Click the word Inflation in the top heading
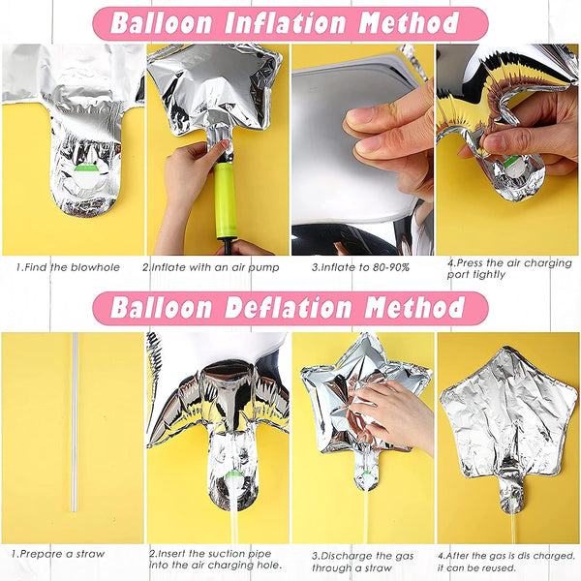[x=286, y=23]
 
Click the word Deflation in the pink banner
[x=288, y=308]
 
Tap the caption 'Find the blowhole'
[x=68, y=267]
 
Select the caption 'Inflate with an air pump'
[x=211, y=267]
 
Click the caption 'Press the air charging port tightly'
[x=509, y=269]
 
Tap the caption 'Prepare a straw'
[x=58, y=554]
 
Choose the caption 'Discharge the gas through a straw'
[x=362, y=562]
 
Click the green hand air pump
[x=226, y=201]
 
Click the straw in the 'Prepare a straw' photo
[x=75, y=422]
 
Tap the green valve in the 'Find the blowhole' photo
[x=86, y=168]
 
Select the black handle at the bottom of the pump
[x=227, y=246]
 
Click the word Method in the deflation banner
[x=414, y=308]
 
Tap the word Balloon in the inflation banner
[x=161, y=23]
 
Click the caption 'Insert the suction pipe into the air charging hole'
[x=216, y=560]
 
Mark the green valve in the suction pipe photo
[x=232, y=474]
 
